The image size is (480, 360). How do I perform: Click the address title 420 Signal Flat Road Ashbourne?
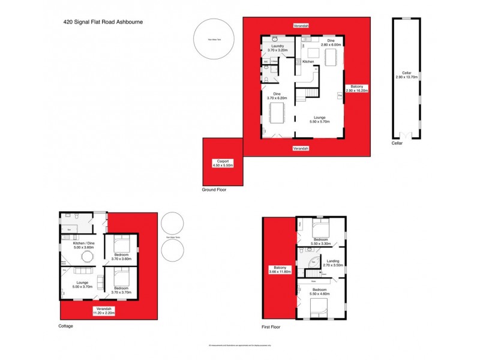(x=103, y=22)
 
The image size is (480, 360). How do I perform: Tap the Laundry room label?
(x=277, y=48)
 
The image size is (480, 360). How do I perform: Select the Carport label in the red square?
(x=223, y=164)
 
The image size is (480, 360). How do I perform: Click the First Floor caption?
(x=271, y=328)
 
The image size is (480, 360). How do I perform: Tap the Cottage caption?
(x=66, y=326)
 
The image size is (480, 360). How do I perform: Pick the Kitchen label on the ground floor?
(x=308, y=62)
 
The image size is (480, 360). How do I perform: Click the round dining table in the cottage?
(x=88, y=257)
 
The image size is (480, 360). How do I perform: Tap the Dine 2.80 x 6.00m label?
(x=331, y=43)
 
